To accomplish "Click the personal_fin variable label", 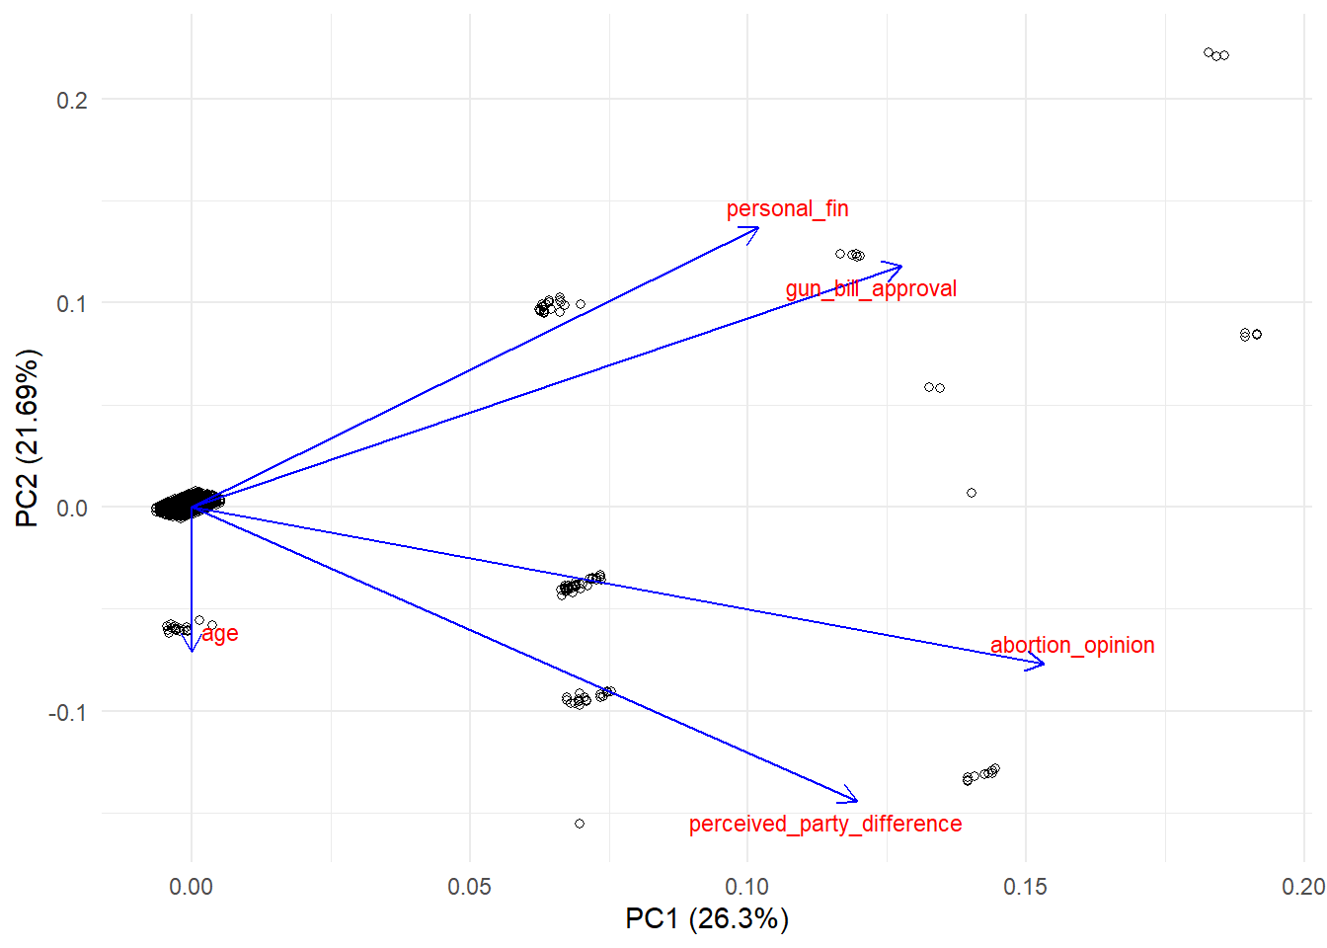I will [x=787, y=208].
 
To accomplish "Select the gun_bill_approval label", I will [x=871, y=288].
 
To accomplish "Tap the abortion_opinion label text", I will [x=1072, y=645].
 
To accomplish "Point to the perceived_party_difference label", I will [x=824, y=824].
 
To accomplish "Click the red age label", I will [x=220, y=633].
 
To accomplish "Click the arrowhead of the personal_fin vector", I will [x=757, y=228].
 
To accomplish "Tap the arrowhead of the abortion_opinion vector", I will [x=1043, y=664].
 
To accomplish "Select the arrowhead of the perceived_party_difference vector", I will [x=856, y=800].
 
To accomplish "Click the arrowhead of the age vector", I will [x=192, y=650].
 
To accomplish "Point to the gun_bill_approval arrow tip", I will [x=900, y=266].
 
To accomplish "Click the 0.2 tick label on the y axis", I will [x=72, y=100].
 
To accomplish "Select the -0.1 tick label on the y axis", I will [x=68, y=712].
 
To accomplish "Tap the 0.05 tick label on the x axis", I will [x=469, y=886].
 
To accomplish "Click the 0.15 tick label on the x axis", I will [x=1025, y=886].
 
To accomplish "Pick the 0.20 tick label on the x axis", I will [x=1302, y=886].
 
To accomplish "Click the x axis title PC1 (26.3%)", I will [x=707, y=918].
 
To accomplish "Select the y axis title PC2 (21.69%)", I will [x=27, y=437].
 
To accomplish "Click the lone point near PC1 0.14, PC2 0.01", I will [x=972, y=493].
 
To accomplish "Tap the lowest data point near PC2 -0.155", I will [x=580, y=824].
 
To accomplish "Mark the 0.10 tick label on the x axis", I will [x=747, y=886].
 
